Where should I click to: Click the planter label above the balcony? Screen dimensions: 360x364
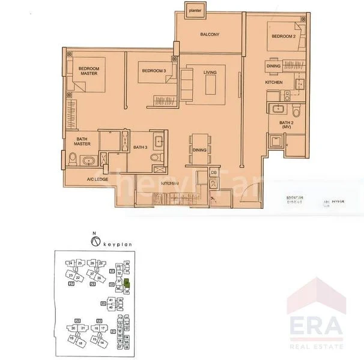click(194, 10)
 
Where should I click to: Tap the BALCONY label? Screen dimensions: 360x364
click(210, 35)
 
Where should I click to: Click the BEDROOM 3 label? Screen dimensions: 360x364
click(154, 71)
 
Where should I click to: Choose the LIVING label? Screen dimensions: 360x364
click(210, 73)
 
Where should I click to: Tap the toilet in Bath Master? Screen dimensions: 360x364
click(73, 159)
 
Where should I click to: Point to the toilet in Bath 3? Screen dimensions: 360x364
click(155, 158)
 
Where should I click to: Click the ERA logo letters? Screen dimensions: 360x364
click(317, 326)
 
